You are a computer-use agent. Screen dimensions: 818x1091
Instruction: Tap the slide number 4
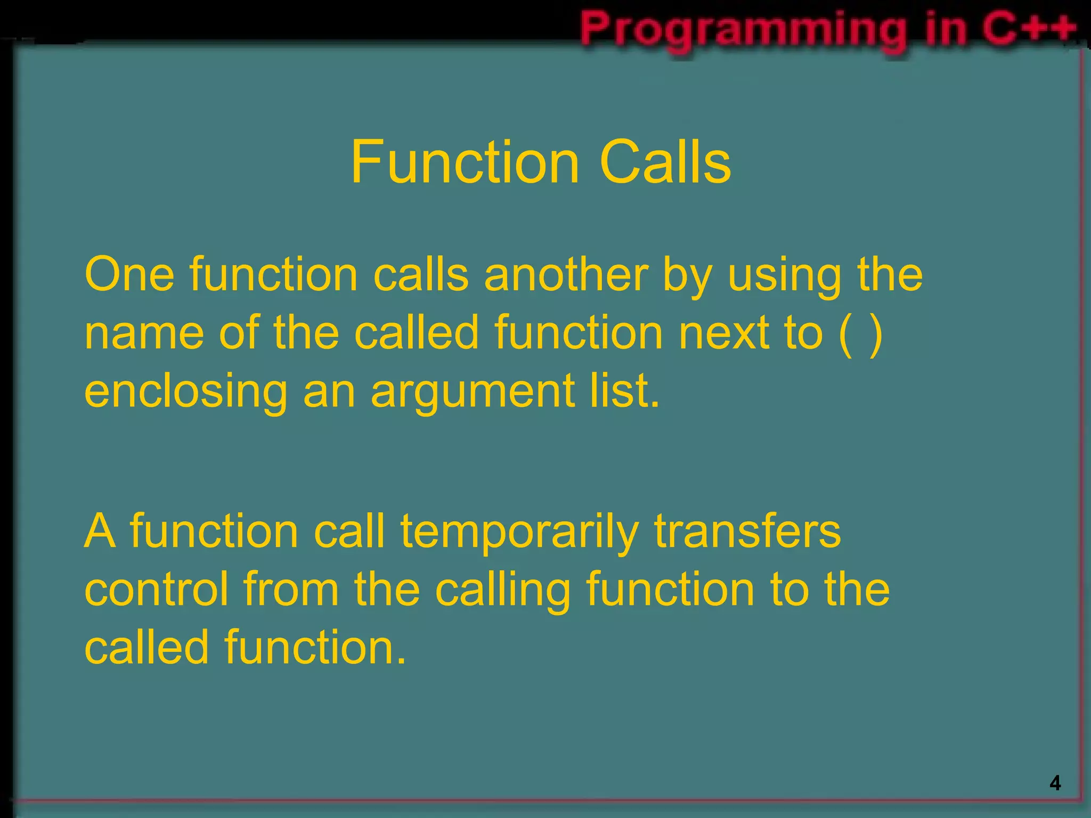(x=1055, y=783)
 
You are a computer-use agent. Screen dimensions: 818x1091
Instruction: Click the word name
(x=144, y=334)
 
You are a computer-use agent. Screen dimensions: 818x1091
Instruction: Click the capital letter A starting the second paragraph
(x=100, y=531)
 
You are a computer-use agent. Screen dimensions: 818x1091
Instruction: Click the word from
(x=291, y=590)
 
